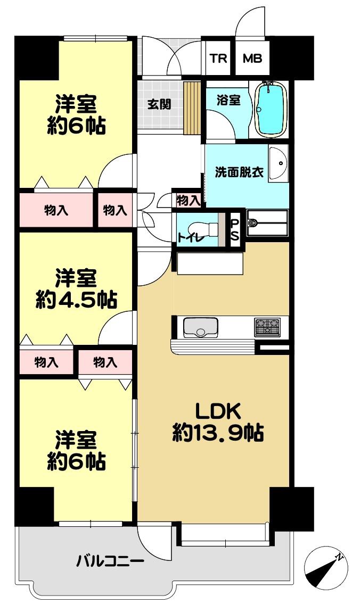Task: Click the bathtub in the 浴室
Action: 271,109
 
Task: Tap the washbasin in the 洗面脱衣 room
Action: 279,163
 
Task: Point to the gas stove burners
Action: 267,327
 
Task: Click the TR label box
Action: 218,59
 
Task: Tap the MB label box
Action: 252,59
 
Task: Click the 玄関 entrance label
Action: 159,104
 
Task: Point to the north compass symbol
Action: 326,568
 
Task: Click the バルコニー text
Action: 110,562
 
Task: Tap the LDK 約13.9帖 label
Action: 217,422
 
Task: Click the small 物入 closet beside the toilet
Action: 189,201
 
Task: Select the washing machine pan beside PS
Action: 267,223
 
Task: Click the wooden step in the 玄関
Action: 192,107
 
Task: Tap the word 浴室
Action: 228,100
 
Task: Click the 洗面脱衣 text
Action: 239,172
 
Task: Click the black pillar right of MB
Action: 292,58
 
